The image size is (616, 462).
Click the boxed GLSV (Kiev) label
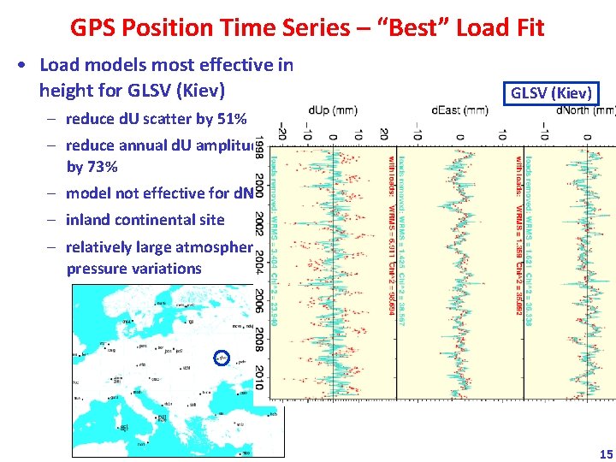(551, 93)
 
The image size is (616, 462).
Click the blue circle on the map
(221, 357)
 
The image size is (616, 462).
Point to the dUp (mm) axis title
(333, 110)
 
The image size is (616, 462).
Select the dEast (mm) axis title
(459, 110)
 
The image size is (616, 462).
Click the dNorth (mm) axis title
(585, 110)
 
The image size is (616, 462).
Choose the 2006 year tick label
(260, 300)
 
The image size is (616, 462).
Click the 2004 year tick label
(260, 264)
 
